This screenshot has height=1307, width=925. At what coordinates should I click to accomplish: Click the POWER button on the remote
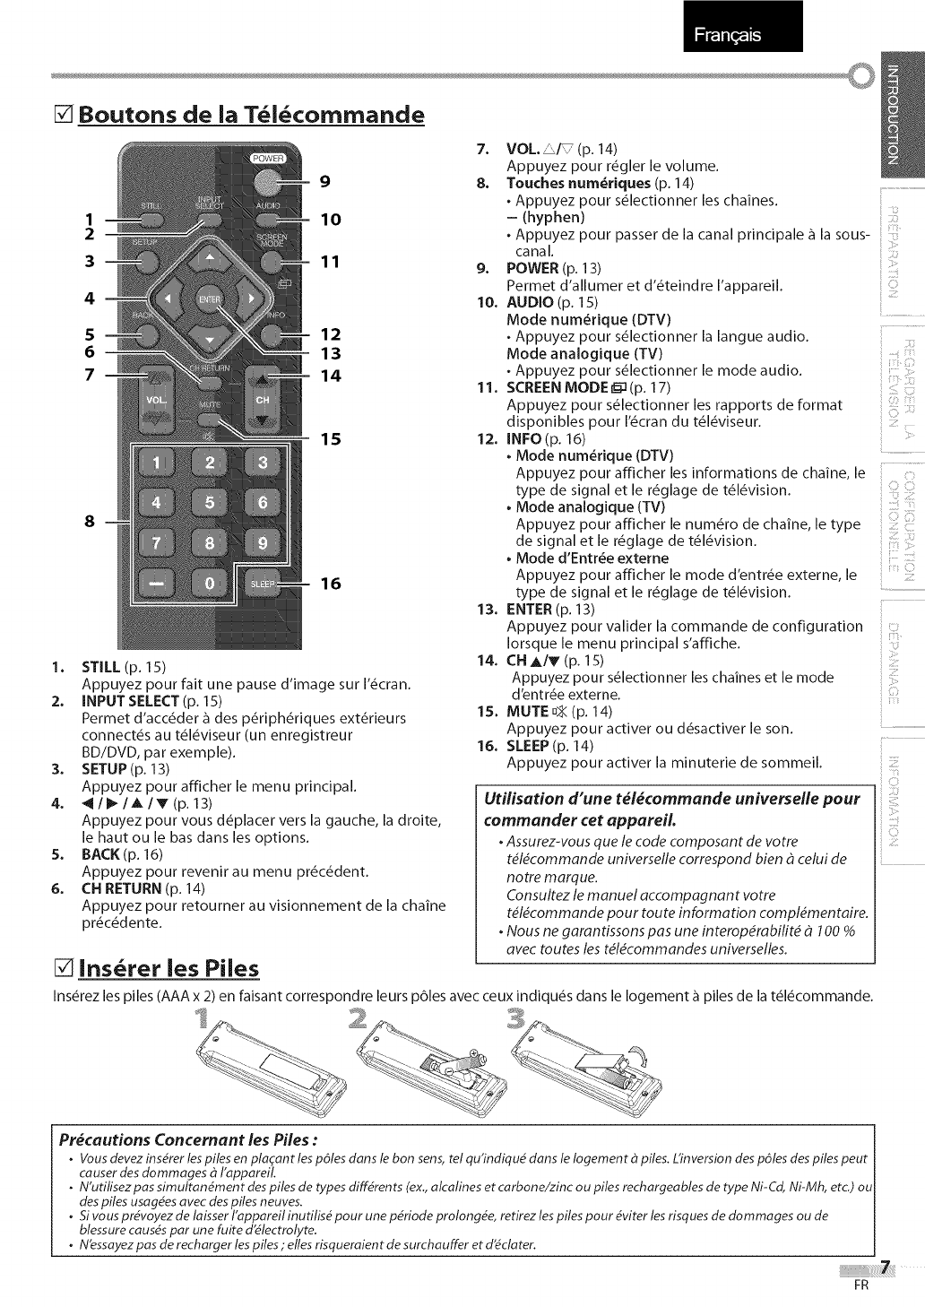pyautogui.click(x=265, y=181)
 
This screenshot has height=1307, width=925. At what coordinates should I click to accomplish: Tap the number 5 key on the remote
pyautogui.click(x=210, y=503)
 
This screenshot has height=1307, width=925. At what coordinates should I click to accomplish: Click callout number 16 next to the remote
pyautogui.click(x=330, y=584)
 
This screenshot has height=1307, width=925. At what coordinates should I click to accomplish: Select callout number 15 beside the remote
pyautogui.click(x=330, y=439)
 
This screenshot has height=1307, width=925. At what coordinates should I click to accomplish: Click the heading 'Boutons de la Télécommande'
pyautogui.click(x=250, y=115)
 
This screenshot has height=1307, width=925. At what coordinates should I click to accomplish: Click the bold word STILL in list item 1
pyautogui.click(x=101, y=667)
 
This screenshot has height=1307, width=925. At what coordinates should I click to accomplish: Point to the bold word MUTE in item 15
pyautogui.click(x=526, y=712)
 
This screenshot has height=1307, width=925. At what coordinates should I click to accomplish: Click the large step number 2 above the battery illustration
pyautogui.click(x=359, y=1018)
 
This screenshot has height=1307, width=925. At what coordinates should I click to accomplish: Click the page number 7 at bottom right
pyautogui.click(x=886, y=1267)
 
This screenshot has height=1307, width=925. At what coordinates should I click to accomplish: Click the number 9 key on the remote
pyautogui.click(x=263, y=543)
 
